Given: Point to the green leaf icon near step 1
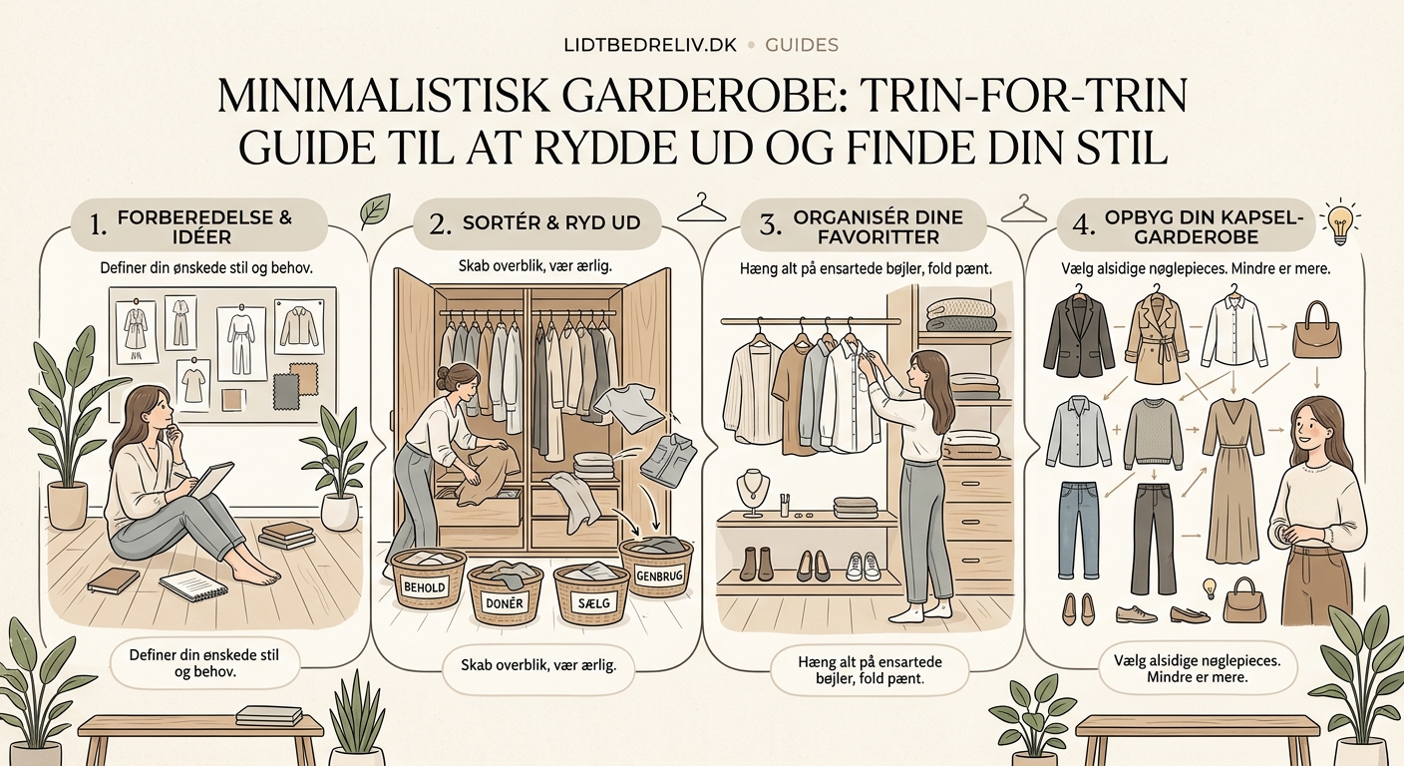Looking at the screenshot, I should tap(375, 210).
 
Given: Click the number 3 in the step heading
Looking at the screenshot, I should tap(769, 225).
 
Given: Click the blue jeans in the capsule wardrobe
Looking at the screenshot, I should tap(1079, 528).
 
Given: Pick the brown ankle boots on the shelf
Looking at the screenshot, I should tap(756, 564).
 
